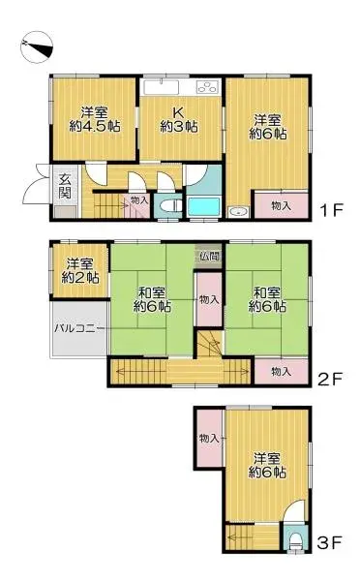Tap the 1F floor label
pyautogui.click(x=334, y=209)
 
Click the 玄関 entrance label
pyautogui.click(x=64, y=184)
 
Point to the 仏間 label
pyautogui.click(x=209, y=257)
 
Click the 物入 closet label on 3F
pyautogui.click(x=208, y=439)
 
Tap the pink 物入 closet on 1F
pyautogui.click(x=281, y=205)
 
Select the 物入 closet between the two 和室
pyautogui.click(x=208, y=300)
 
